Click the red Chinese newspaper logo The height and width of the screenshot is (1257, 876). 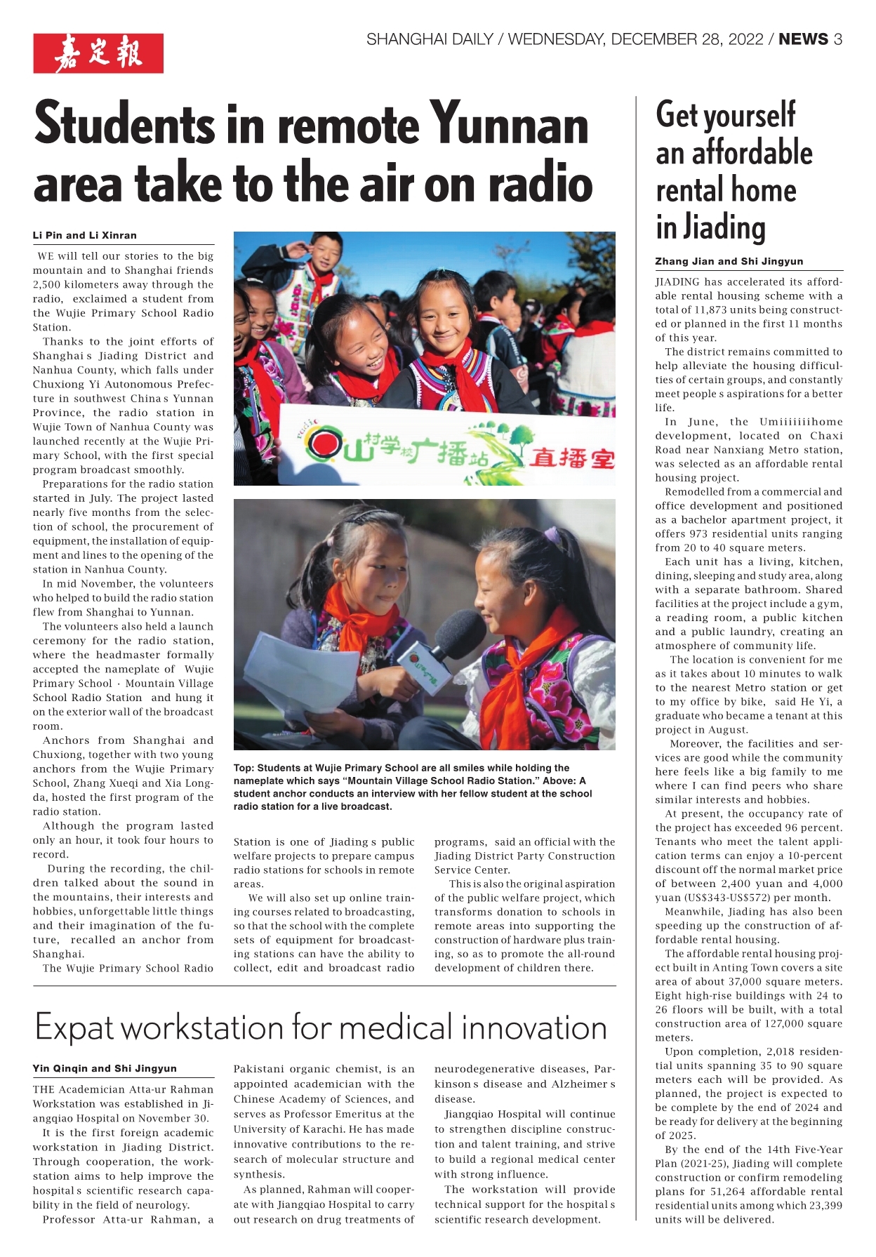click(x=98, y=53)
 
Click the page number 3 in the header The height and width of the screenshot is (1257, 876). click(x=837, y=39)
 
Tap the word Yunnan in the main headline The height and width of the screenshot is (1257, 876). click(x=509, y=124)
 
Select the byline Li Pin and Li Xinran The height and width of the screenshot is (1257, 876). click(x=85, y=235)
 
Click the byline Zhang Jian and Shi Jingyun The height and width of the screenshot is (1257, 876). click(x=729, y=261)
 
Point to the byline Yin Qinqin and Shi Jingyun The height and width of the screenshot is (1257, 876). click(x=105, y=1068)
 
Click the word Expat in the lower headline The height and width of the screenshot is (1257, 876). click(x=74, y=1028)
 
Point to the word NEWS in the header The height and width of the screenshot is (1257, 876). click(x=803, y=39)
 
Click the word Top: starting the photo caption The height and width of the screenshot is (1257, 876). click(x=244, y=768)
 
